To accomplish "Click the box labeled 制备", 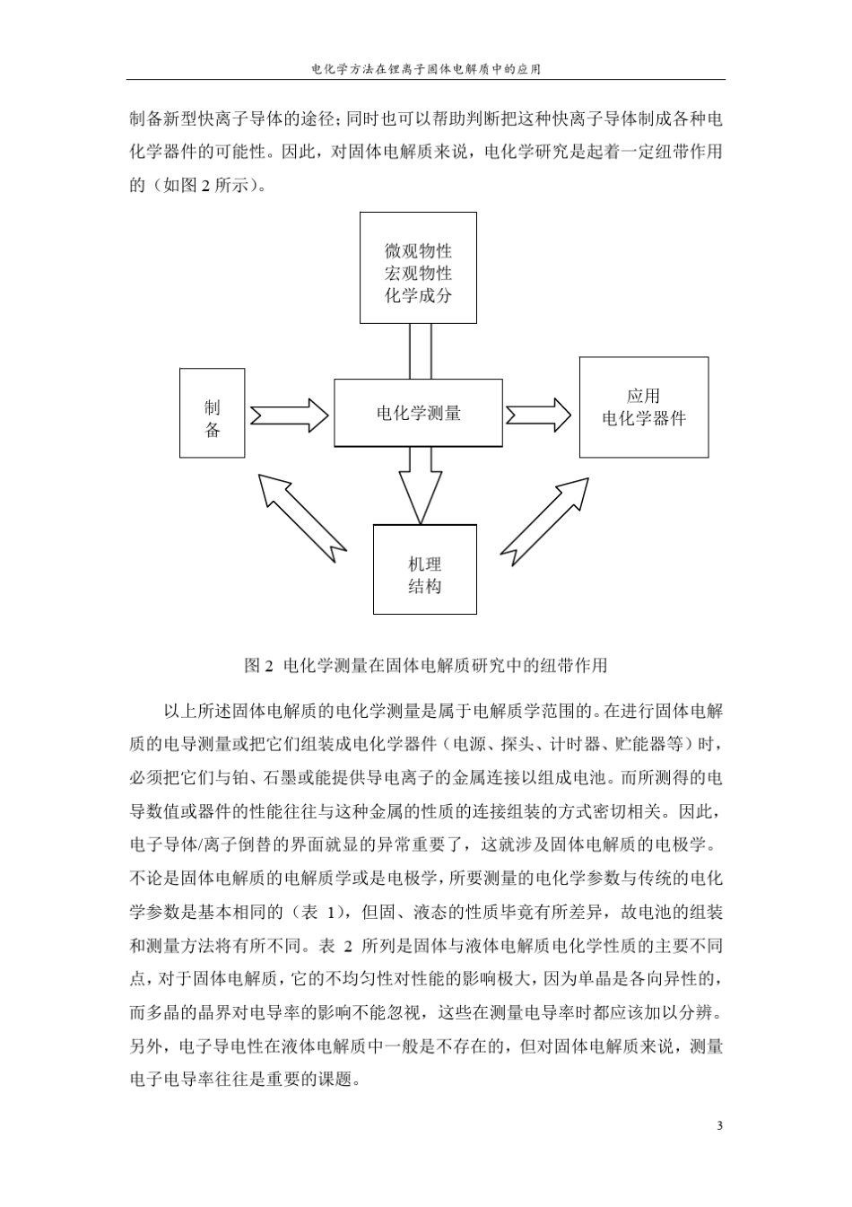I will tap(212, 413).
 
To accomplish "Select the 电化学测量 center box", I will tap(418, 413).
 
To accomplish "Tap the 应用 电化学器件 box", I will tap(643, 407).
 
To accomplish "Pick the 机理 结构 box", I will tap(424, 575).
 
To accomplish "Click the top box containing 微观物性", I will tap(418, 267).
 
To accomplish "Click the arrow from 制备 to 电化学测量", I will tap(289, 414).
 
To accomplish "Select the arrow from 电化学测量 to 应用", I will tap(538, 415).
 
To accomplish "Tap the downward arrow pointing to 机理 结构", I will tap(419, 483).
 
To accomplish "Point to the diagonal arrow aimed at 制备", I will tap(300, 512).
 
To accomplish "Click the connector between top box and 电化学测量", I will tap(420, 350).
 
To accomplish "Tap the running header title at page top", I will tap(425, 67).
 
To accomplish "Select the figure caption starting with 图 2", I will tap(426, 665).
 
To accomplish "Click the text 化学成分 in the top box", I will tap(418, 295).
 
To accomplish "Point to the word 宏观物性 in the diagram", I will tap(418, 273).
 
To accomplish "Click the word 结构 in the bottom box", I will tap(424, 587).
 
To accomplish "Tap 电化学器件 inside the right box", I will tap(644, 418).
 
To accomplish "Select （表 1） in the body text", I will tap(319, 912).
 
